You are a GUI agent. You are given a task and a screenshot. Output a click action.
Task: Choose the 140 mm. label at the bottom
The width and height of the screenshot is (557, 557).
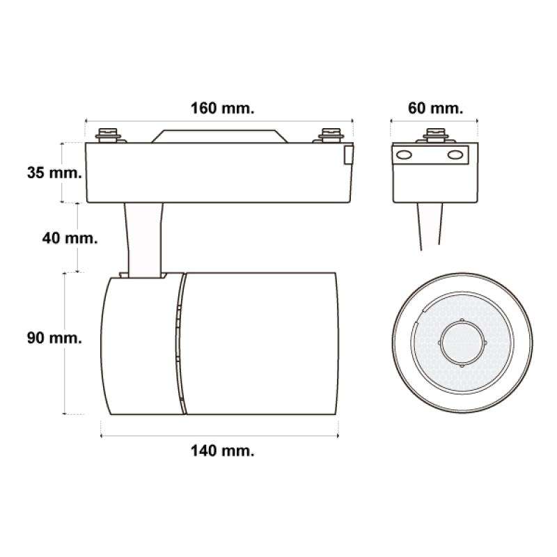click(x=221, y=450)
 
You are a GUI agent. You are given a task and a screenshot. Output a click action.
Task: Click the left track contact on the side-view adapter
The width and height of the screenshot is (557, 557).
click(x=109, y=134)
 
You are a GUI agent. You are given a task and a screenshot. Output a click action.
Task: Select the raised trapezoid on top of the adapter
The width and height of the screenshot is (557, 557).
click(x=219, y=136)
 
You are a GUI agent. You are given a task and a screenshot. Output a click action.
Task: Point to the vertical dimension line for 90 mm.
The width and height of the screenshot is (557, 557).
click(x=65, y=345)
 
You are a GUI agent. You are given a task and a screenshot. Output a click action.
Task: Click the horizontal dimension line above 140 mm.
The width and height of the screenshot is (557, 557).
click(x=221, y=437)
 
